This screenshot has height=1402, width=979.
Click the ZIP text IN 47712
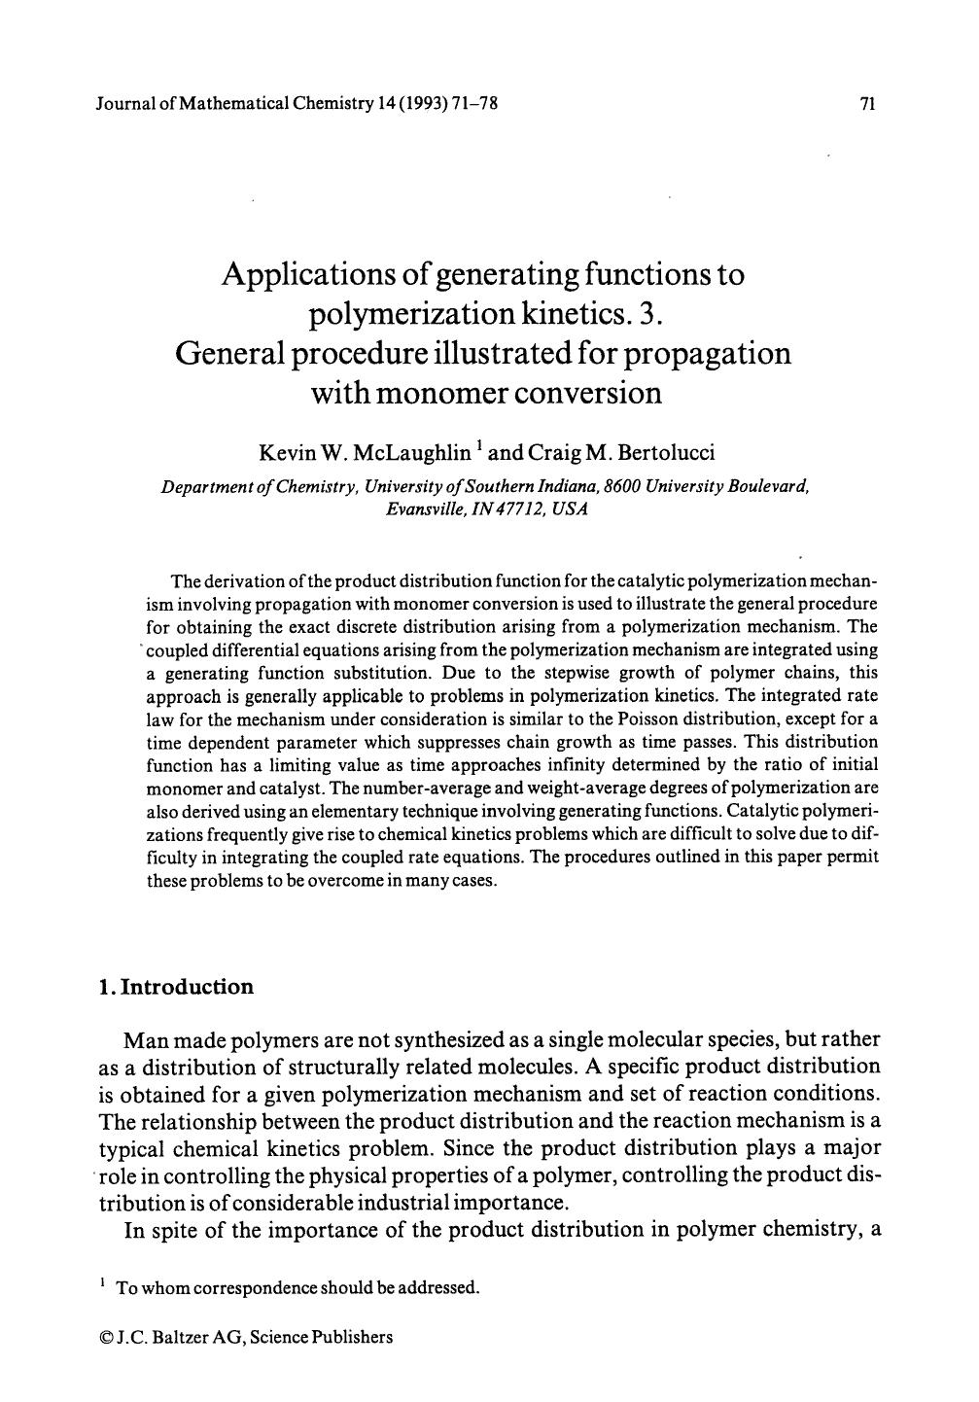point(511,508)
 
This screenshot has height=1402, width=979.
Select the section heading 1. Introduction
point(176,988)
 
